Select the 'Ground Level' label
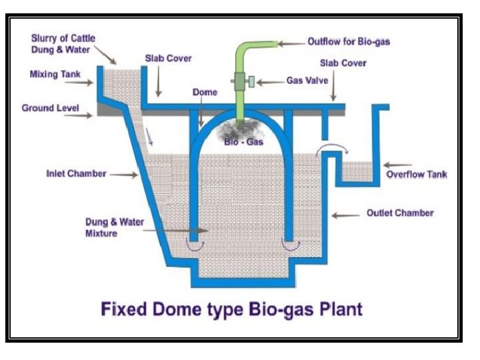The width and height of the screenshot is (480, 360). click(50, 107)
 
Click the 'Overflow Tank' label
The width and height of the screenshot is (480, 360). click(417, 175)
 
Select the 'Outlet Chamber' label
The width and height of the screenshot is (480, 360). click(400, 213)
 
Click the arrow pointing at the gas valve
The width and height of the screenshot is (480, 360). click(269, 82)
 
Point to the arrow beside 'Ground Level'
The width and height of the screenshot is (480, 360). click(90, 115)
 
